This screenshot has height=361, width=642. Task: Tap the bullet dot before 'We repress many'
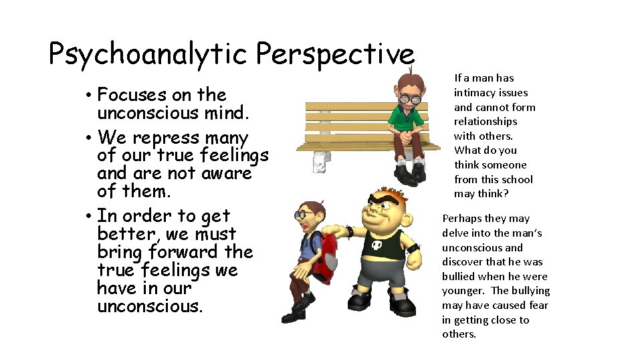click(89, 138)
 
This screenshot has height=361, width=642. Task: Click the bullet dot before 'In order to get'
click(89, 217)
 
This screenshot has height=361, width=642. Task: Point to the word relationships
click(486, 121)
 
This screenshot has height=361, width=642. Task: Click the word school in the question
click(517, 179)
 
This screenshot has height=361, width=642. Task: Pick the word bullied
click(459, 276)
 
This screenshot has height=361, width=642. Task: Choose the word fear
click(538, 305)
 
